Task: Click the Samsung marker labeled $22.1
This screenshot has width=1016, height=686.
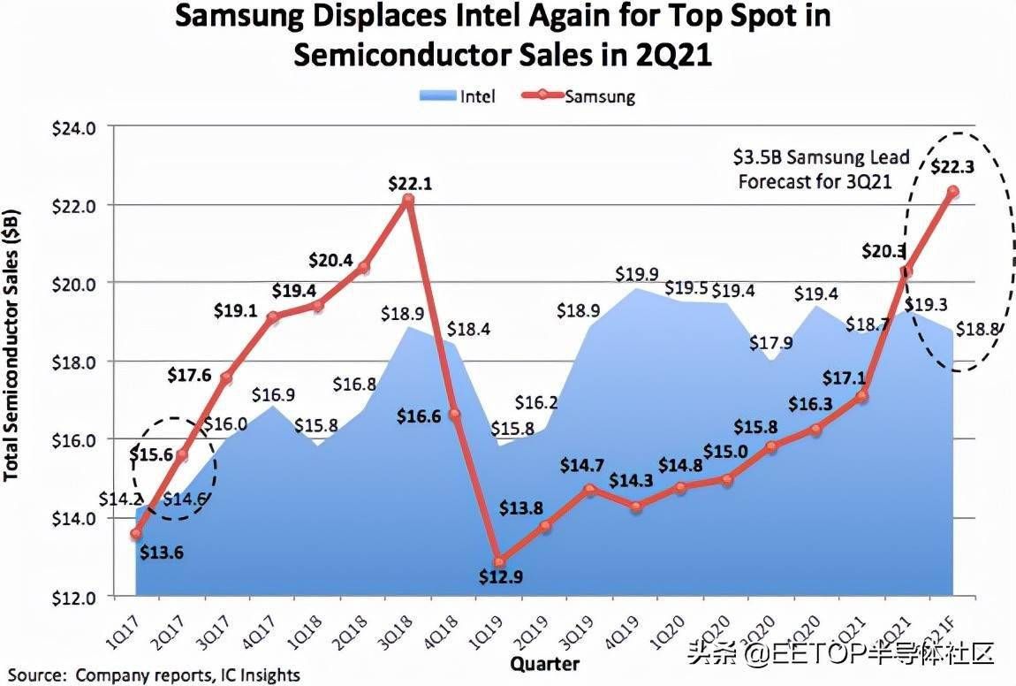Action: point(407,201)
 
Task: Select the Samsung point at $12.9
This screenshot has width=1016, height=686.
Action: point(500,561)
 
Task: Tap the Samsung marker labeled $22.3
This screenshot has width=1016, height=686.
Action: point(953,191)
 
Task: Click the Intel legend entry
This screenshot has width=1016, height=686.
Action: point(459,95)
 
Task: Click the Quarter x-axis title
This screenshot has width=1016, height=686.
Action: point(544,663)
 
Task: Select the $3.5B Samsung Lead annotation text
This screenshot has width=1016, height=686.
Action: point(821,157)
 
